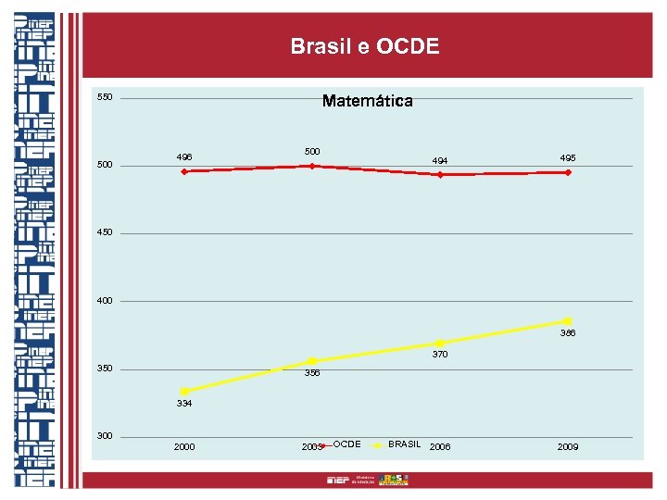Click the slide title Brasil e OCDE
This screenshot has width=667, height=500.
pos(364,46)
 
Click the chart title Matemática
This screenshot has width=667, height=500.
pos(367,101)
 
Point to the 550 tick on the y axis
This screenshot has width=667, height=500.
pos(105,97)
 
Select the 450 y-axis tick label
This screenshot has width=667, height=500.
pos(105,232)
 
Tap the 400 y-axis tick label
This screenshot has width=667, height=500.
pos(105,301)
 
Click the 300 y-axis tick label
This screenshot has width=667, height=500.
pos(105,436)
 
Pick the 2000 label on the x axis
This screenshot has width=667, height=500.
pos(184,447)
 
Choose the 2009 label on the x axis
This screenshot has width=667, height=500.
pos(567,447)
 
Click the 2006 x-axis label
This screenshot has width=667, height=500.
pos(440,447)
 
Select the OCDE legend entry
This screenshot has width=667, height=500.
pos(346,445)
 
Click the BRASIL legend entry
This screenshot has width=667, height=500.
pos(404,445)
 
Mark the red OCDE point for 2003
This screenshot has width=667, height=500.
pos(312,166)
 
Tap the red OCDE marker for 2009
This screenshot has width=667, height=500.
pos(567,172)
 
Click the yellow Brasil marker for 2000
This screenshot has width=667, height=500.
pos(184,391)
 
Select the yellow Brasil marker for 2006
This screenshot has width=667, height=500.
pos(440,343)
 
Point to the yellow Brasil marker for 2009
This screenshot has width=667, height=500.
pos(567,321)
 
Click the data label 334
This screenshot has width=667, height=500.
pos(184,405)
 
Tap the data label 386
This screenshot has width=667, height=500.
pos(567,333)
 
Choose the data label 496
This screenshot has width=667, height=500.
pos(184,157)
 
